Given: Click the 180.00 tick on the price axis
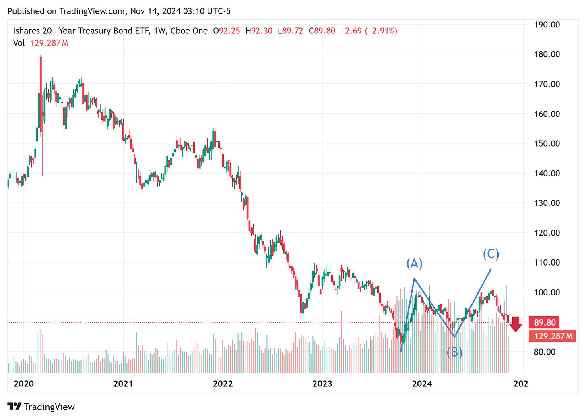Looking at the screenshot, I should [x=547, y=54].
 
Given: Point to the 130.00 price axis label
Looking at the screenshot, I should [x=547, y=203].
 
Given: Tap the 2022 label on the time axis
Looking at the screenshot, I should [x=223, y=384].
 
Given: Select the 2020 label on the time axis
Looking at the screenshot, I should [x=24, y=384].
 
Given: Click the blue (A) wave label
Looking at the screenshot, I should [x=414, y=263].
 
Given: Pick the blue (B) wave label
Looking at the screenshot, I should [x=454, y=352].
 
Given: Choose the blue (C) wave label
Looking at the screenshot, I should [x=491, y=254].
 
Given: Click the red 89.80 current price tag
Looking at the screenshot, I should [x=545, y=323].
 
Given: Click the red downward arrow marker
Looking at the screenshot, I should [x=516, y=325].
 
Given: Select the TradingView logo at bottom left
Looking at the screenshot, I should [x=41, y=407].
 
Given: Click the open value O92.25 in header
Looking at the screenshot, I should [x=226, y=31].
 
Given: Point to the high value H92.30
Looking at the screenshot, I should [x=259, y=31].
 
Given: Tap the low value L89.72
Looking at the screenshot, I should [x=290, y=31].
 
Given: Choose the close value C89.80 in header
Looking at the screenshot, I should [x=322, y=31].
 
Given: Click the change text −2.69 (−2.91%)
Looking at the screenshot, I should [x=369, y=31].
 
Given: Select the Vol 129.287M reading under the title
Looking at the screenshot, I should [x=41, y=43].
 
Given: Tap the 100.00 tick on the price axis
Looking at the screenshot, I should [x=547, y=292].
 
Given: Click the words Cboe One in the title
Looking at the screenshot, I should [x=189, y=31].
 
